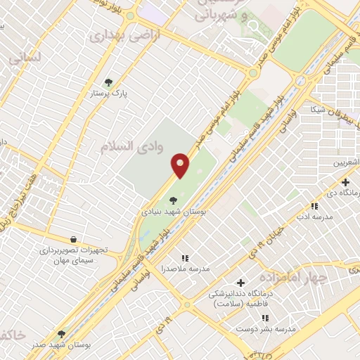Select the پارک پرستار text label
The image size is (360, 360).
point(108,94)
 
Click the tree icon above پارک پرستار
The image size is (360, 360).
point(108,82)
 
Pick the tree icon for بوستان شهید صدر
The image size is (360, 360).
point(61,334)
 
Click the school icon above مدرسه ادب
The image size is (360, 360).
point(315,206)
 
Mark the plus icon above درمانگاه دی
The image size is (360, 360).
point(345,182)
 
